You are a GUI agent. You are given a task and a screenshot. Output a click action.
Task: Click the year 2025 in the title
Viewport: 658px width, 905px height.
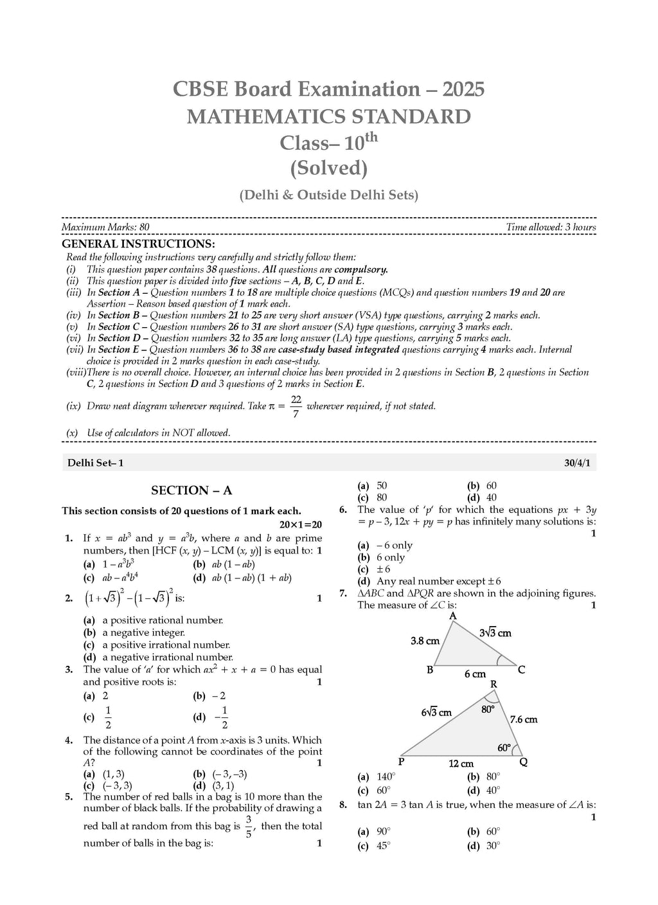(x=457, y=89)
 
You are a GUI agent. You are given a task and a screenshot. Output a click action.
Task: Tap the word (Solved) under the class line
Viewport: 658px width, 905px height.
(x=328, y=168)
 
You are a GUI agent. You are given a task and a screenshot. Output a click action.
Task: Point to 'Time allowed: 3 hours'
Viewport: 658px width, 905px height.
(x=551, y=228)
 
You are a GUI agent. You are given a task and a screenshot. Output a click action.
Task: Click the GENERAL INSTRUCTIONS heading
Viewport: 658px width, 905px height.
(x=138, y=244)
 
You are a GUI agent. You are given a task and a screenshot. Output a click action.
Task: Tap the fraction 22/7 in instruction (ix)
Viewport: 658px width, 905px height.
(x=296, y=406)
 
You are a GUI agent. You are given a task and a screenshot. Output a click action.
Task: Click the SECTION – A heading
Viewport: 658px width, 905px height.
(x=191, y=490)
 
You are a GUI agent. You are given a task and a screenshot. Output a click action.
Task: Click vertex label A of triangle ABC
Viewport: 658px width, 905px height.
(x=452, y=616)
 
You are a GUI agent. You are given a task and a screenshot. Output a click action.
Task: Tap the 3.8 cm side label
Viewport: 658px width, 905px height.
(x=425, y=641)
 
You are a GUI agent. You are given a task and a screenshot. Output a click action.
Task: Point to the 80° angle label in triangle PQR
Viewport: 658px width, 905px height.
(x=488, y=710)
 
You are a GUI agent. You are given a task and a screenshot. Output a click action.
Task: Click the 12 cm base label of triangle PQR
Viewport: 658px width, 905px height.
(x=461, y=764)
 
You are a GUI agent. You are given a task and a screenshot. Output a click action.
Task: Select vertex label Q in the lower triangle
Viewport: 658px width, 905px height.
(x=523, y=762)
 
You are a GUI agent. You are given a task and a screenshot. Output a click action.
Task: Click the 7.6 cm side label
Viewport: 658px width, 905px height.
(x=523, y=720)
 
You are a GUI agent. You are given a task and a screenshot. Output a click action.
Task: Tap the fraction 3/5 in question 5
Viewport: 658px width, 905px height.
(x=247, y=826)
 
